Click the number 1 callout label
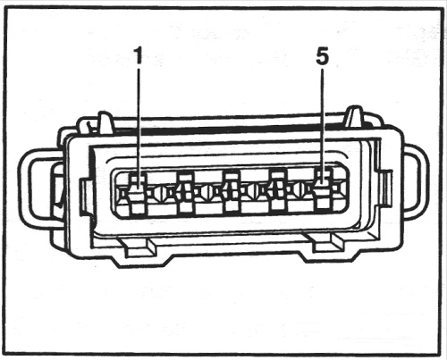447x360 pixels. coord(138,55)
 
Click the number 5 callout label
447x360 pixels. coord(322,56)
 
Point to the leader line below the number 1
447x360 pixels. coord(138,128)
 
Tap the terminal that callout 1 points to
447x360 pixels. coord(138,194)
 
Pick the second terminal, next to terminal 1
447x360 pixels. coord(186,194)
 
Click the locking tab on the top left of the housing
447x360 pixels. coord(105,122)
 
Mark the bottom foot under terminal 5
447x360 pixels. coord(326,242)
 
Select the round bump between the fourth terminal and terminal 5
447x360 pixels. coord(299,189)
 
